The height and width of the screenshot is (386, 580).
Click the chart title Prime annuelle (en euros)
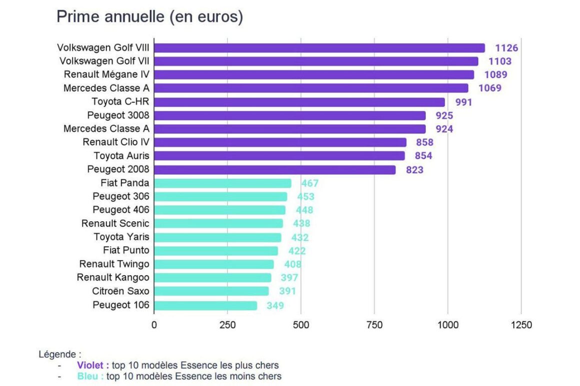coord(149,16)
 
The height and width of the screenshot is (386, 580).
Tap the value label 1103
coord(500,61)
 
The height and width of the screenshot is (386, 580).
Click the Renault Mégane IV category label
coord(106,74)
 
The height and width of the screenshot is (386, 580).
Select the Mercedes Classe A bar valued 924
coord(289,129)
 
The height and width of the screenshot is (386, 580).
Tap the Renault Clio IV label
coord(115,142)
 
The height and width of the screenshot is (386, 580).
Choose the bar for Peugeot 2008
coord(274,170)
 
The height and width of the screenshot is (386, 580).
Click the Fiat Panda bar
coord(222,183)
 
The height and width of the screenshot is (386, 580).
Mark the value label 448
coord(304,210)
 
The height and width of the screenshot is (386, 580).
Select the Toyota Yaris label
coord(121,237)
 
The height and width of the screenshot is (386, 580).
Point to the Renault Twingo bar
coord(214,264)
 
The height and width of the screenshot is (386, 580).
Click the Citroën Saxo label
coord(120,291)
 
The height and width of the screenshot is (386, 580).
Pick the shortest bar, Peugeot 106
coord(205,305)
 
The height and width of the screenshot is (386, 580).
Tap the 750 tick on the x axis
coord(374,325)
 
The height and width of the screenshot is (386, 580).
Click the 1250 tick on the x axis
coord(521,325)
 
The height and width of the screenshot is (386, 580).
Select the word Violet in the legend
coord(93,365)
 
